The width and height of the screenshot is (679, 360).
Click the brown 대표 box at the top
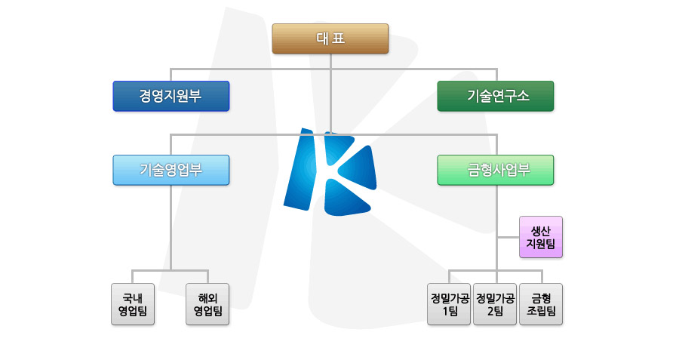[330, 38]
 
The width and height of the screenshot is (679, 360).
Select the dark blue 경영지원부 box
[171, 96]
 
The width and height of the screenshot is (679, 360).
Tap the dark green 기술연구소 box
[496, 96]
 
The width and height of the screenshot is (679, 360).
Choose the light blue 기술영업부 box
[171, 170]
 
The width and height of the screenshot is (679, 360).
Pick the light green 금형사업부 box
[496, 170]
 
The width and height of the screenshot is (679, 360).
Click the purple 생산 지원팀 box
[541, 237]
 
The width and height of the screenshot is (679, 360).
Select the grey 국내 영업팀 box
[133, 304]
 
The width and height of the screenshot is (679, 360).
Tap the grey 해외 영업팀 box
[207, 304]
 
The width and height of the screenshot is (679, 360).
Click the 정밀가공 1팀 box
[449, 304]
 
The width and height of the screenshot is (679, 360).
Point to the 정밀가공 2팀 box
[495, 304]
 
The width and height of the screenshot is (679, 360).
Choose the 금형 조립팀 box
[541, 304]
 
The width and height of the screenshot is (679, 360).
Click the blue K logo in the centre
[330, 172]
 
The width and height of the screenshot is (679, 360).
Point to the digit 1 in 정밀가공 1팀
[444, 311]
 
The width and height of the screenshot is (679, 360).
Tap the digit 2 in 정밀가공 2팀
[490, 311]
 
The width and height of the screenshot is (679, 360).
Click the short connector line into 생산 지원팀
[508, 237]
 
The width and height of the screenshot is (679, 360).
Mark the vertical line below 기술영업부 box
[171, 228]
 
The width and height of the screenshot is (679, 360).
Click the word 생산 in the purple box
[541, 231]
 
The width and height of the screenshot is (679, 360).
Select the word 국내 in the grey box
[133, 298]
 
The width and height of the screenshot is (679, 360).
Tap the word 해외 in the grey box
[207, 298]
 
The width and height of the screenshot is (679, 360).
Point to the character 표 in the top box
[339, 38]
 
